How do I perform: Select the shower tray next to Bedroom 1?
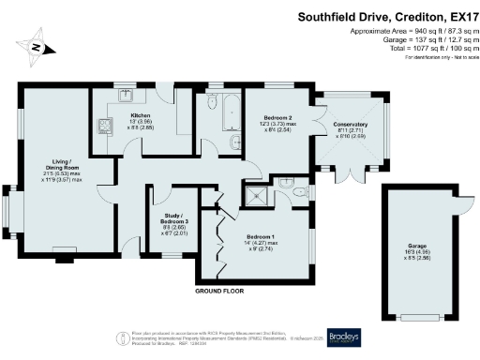click(255, 196)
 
